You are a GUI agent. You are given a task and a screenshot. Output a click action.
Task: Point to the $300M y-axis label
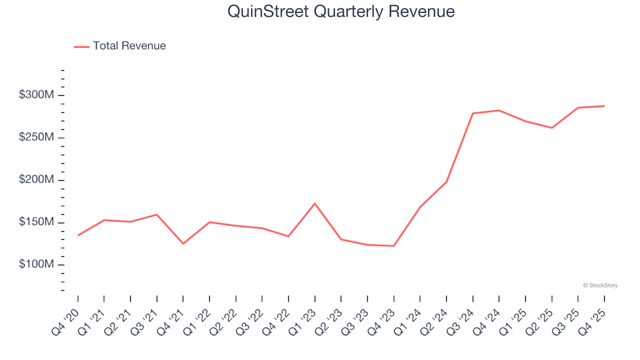(37, 95)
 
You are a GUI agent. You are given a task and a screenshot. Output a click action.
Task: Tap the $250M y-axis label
(37, 138)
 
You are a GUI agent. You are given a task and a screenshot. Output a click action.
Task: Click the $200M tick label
(37, 180)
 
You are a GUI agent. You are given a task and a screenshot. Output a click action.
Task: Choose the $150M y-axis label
(37, 223)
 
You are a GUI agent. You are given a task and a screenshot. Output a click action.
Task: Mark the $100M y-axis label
(37, 265)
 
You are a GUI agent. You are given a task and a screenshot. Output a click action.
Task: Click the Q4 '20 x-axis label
(66, 315)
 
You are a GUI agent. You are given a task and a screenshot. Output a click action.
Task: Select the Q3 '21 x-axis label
(145, 315)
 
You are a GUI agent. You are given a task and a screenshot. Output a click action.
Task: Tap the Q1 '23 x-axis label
(303, 315)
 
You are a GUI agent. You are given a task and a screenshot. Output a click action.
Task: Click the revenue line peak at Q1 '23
(315, 203)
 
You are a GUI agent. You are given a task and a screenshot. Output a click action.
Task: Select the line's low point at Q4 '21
(183, 243)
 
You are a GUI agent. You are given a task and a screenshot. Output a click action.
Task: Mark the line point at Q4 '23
(394, 246)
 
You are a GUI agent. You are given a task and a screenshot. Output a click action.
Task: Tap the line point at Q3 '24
(473, 113)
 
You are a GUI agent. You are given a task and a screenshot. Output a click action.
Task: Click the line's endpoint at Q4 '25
(604, 106)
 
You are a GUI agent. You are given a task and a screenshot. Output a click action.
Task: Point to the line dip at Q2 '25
(552, 127)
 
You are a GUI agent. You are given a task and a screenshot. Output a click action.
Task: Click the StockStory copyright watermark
(600, 285)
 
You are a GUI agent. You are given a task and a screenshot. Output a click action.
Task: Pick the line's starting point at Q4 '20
(78, 235)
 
